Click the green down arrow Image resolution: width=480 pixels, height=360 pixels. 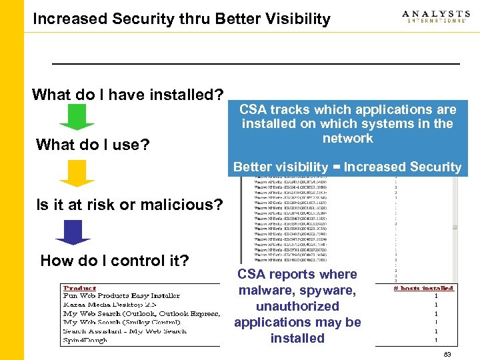tap(77, 117)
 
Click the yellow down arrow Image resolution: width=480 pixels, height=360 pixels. tap(77, 173)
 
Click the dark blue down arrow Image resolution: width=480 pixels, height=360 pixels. tap(73, 231)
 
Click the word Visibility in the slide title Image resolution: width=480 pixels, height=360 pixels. tap(291, 19)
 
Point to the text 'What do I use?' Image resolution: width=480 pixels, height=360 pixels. tap(93, 145)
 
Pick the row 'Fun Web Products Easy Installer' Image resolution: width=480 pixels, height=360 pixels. tap(121, 295)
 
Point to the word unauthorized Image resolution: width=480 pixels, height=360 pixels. tap(297, 306)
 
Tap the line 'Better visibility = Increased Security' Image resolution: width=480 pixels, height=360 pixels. tap(347, 167)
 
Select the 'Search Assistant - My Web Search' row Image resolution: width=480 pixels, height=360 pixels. tap(125, 331)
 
